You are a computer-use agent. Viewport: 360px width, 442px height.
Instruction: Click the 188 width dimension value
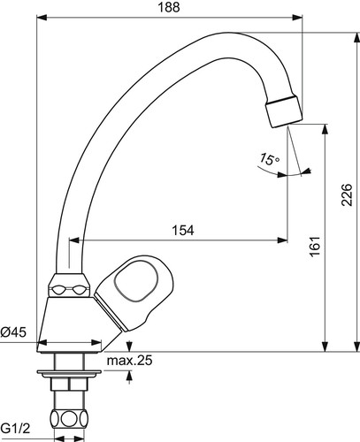coord(169,7)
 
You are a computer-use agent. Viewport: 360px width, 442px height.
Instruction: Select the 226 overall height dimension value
coord(347,194)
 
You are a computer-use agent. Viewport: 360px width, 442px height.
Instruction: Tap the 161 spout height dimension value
coord(315,247)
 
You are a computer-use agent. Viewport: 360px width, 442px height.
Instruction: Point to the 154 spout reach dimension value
coord(183,231)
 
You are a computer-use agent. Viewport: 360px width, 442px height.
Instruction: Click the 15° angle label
coord(269,159)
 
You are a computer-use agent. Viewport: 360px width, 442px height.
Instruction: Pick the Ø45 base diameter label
coord(13,332)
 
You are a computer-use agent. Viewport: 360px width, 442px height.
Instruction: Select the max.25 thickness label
coord(130,361)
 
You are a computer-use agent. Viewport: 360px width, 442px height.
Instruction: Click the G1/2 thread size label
coord(15,429)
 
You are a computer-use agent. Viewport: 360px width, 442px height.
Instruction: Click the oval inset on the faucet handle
coord(136,281)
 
